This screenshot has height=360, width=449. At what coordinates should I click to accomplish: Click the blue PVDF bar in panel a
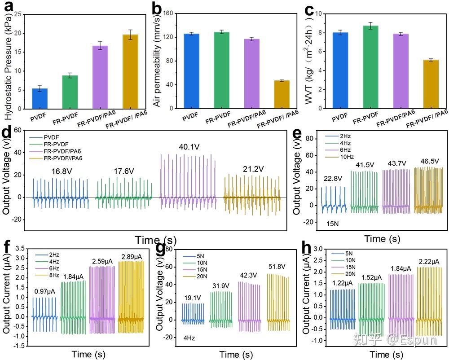[40, 98]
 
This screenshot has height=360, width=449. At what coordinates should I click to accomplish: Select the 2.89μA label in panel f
[132, 256]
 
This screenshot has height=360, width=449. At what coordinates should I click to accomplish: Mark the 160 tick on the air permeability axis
[168, 13]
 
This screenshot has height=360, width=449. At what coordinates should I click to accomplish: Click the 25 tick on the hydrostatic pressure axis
[18, 14]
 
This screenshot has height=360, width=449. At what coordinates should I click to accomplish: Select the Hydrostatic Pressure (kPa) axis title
[7, 61]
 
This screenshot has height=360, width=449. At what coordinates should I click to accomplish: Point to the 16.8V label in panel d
[62, 171]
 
